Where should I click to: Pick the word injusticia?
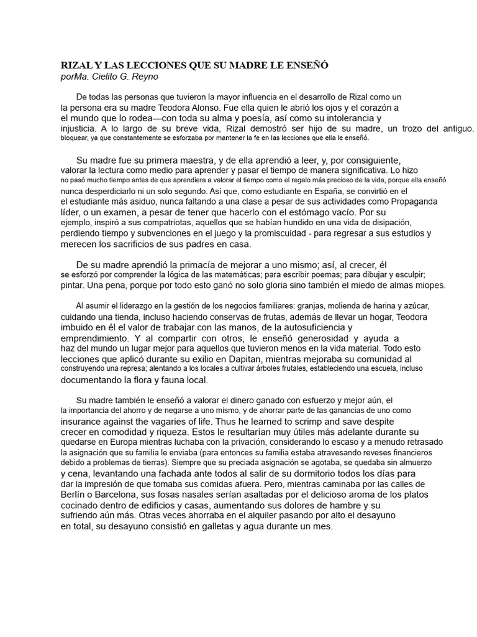tap(77, 128)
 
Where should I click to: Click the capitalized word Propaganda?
tap(411, 202)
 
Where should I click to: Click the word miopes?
tap(431, 286)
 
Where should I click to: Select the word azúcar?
tap(415, 306)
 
